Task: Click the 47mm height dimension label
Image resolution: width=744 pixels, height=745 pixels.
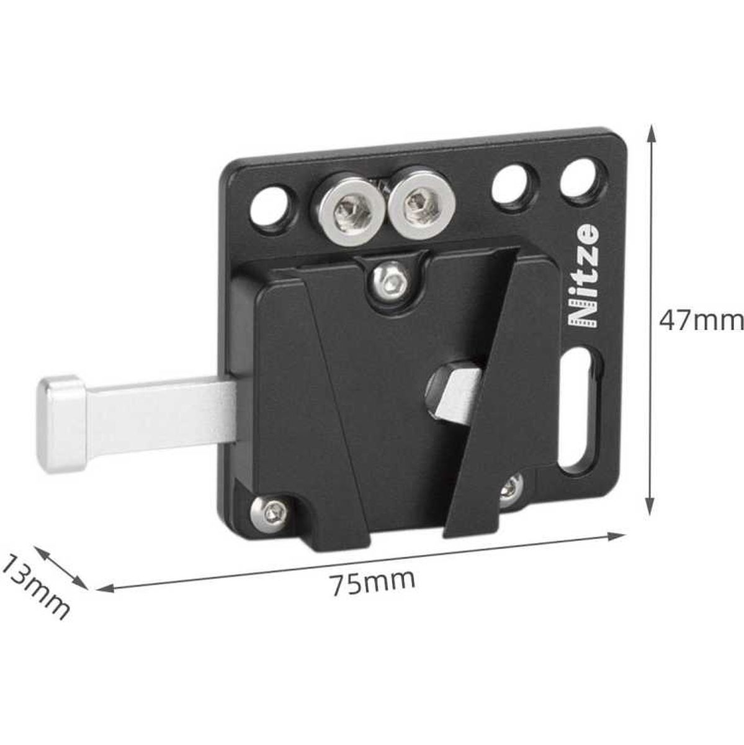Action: point(700,321)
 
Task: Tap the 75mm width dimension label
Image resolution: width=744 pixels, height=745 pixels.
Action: point(372,582)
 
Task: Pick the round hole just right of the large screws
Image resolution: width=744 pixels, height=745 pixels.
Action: point(510,184)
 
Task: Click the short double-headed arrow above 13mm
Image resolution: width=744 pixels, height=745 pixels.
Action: point(61,566)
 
